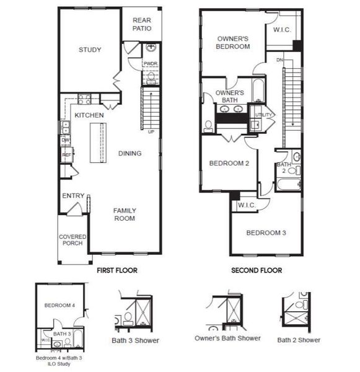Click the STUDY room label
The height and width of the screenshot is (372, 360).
click(90, 50)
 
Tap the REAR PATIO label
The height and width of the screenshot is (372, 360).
click(142, 24)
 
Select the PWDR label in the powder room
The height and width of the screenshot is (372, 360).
click(150, 63)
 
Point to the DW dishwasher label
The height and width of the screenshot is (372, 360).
click(65, 140)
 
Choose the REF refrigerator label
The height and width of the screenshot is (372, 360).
click(66, 155)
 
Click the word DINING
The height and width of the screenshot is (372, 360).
click(130, 153)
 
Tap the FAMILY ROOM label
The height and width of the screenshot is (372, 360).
click(125, 214)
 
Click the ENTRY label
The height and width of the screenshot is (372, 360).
click(73, 196)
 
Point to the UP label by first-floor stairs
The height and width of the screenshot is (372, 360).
click(151, 132)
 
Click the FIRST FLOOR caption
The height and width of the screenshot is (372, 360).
click(117, 270)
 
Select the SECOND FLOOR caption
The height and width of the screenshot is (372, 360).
click(257, 270)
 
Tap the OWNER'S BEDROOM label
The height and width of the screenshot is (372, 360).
click(233, 42)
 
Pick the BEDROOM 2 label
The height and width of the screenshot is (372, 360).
click(229, 164)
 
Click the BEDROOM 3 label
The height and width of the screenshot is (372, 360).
click(266, 232)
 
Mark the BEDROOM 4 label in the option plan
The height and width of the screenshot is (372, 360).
click(59, 306)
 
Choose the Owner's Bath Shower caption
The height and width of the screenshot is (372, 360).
click(227, 338)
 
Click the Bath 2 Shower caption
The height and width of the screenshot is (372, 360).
click(299, 340)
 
